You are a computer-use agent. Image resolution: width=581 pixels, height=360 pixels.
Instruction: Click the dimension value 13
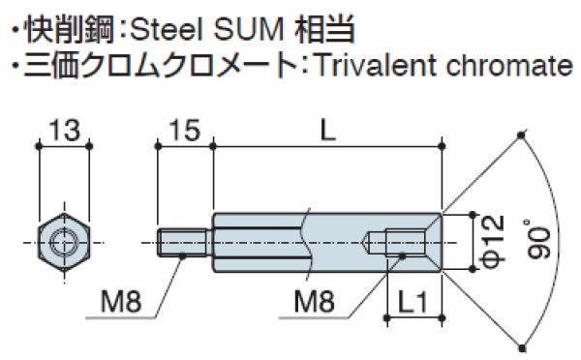click(63, 127)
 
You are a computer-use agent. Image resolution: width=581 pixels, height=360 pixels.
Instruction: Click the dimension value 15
click(184, 127)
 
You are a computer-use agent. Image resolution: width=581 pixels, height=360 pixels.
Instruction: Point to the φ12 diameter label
click(491, 237)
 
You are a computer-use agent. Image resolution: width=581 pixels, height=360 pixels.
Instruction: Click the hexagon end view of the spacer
click(63, 238)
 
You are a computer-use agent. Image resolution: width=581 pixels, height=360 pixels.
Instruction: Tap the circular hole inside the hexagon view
click(63, 238)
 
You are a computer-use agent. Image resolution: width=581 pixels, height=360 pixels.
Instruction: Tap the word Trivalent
click(355, 66)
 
